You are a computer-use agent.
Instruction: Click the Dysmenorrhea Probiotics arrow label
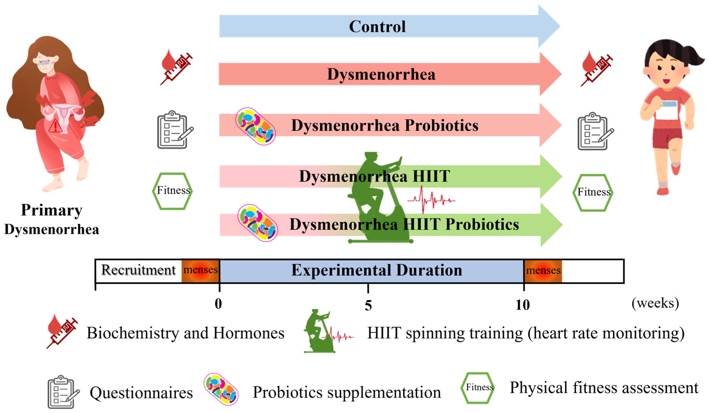(384, 125)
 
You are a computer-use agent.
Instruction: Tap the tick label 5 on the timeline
(368, 305)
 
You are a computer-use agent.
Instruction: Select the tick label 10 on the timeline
(522, 305)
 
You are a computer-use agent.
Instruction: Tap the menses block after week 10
(543, 271)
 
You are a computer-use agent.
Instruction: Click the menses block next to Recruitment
(200, 270)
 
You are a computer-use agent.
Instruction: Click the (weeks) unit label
(655, 303)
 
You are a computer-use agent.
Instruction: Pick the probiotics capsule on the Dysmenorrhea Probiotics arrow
(255, 126)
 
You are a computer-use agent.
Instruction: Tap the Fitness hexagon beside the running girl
(593, 192)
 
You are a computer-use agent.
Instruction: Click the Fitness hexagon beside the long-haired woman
(172, 191)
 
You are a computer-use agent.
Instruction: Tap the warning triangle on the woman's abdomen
(55, 126)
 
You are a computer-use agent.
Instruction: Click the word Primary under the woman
(51, 210)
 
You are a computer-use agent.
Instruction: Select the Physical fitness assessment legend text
(604, 388)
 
